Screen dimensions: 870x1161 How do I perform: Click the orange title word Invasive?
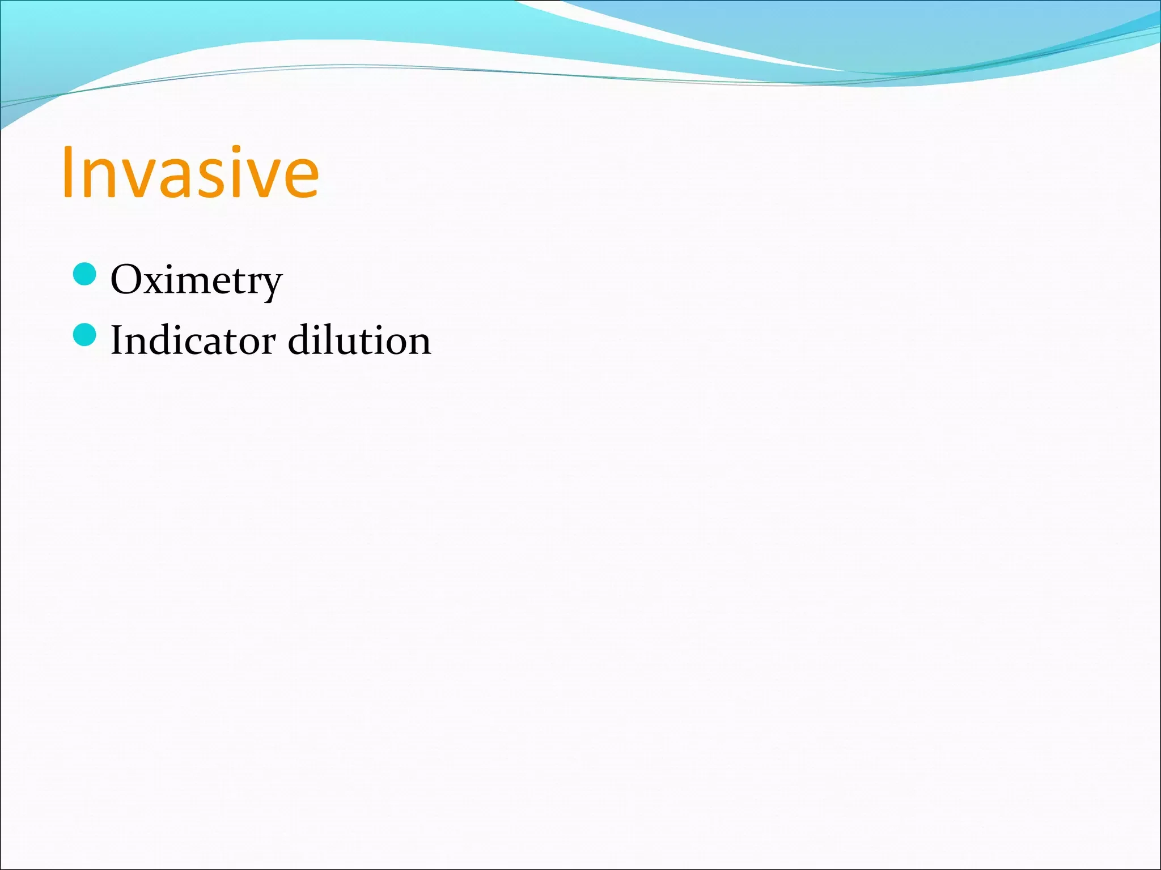pos(190,172)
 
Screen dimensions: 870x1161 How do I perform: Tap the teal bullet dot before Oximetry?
pos(85,275)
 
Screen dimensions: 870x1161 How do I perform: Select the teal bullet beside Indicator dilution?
pos(85,335)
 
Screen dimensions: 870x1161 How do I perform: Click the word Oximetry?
pos(196,280)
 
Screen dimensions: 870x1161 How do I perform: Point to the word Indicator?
pos(193,340)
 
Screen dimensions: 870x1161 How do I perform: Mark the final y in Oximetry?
pos(270,286)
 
